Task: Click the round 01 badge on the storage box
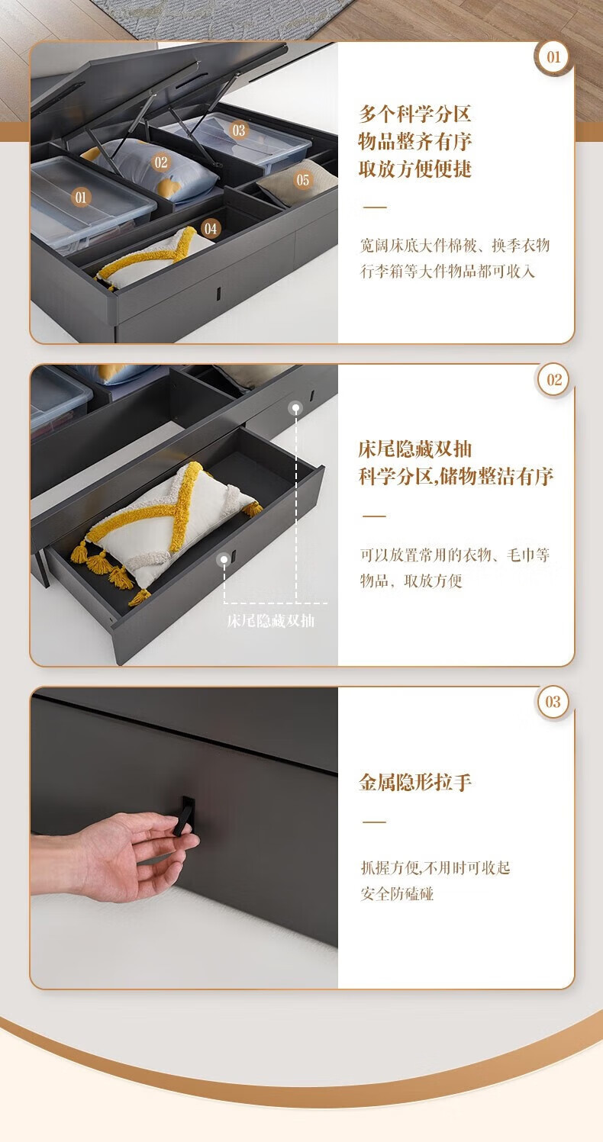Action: coord(81,198)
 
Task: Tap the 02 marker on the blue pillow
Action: coord(161,162)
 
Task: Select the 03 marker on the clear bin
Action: coord(239,130)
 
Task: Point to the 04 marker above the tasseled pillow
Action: coord(211,229)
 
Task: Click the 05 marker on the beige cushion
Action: coord(302,180)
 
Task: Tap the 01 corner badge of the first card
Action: coord(553,57)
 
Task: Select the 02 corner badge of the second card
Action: coord(553,380)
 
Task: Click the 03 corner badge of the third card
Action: coord(553,702)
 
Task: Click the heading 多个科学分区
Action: coord(414,114)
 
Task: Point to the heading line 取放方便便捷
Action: coord(414,169)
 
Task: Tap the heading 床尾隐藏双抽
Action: coord(414,449)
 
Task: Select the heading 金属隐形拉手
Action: coord(414,782)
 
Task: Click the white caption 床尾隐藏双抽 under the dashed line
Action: coord(270,621)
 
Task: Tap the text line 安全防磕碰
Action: coord(397,894)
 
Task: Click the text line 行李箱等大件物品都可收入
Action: coord(447,272)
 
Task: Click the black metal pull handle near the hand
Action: coord(184,815)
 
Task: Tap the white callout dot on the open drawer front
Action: coord(224,559)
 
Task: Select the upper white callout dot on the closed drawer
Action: coord(295,408)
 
